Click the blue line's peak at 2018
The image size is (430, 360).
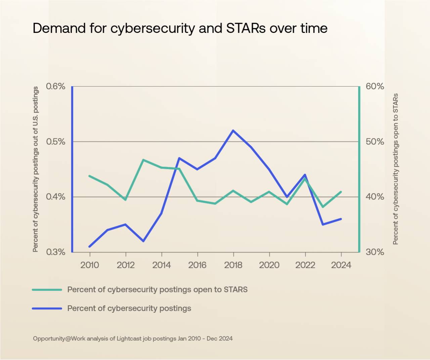click(x=233, y=130)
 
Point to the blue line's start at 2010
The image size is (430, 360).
click(x=90, y=246)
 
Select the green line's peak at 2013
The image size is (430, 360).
click(x=143, y=160)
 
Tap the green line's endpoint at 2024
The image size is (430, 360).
click(x=341, y=192)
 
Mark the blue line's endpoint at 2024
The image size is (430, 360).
click(x=341, y=219)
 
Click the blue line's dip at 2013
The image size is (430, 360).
click(x=143, y=241)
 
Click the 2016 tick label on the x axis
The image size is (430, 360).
click(x=197, y=265)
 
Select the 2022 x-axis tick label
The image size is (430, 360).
click(x=305, y=265)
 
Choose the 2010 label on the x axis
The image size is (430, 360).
click(x=90, y=265)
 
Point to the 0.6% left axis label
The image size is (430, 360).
click(x=55, y=87)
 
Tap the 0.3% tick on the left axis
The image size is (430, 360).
click(x=55, y=252)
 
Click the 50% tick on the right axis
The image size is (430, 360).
click(x=375, y=142)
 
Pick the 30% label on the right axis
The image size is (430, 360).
click(x=375, y=252)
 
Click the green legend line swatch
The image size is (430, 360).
click(x=47, y=289)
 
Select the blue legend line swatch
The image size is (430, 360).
click(x=47, y=308)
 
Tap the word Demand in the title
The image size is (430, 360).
click(x=59, y=29)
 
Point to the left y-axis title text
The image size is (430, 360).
click(x=36, y=169)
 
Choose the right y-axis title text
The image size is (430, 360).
click(x=395, y=169)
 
